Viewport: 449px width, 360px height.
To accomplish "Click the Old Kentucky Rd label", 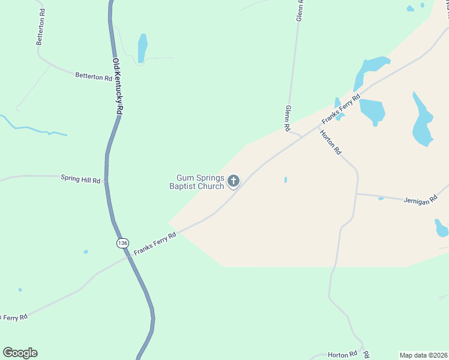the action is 118,86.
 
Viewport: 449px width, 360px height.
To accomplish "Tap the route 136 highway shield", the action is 122,242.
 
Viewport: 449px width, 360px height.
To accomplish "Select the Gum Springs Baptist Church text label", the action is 200,182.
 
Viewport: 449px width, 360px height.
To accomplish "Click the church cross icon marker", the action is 234,181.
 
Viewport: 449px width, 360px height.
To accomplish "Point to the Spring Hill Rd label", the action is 80,178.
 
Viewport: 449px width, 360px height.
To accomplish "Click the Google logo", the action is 20,353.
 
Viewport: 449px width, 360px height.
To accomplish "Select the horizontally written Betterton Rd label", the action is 94,77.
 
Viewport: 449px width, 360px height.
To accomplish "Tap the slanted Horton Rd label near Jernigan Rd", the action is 330,142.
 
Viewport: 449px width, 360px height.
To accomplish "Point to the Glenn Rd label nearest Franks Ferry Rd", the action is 288,118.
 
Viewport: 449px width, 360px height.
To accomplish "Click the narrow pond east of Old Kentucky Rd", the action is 142,48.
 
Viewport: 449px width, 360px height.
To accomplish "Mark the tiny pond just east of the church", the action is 285,179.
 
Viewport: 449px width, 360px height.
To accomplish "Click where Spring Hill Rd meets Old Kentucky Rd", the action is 106,180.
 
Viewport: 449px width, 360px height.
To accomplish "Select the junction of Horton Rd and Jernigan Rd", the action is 357,194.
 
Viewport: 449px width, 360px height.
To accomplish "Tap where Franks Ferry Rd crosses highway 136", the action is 128,257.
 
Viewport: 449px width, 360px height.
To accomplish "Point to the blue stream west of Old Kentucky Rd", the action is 30,128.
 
